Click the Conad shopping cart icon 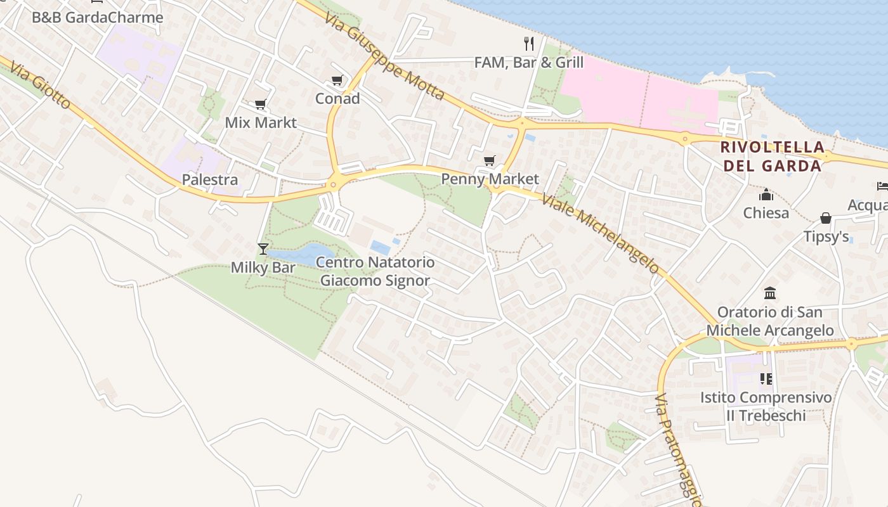click(337, 80)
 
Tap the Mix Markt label click(261, 122)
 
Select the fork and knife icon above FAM click(529, 43)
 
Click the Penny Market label click(490, 179)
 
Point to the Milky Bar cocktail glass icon click(263, 248)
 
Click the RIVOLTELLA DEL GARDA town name click(772, 157)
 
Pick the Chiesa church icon click(766, 194)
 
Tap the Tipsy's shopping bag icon click(826, 218)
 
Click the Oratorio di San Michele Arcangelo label click(770, 321)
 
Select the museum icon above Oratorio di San click(770, 293)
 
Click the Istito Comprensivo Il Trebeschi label click(766, 406)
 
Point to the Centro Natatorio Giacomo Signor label click(375, 271)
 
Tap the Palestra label click(210, 179)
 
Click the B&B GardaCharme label click(98, 17)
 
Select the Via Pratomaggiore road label click(679, 450)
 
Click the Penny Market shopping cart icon click(489, 161)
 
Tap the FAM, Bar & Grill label click(529, 63)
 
